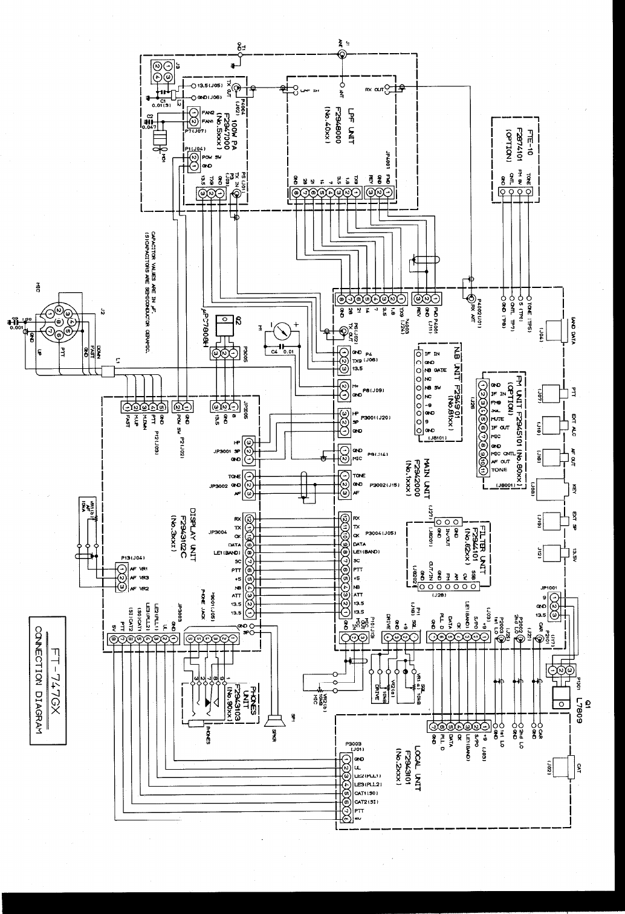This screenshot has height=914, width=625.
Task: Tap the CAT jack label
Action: (579, 767)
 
